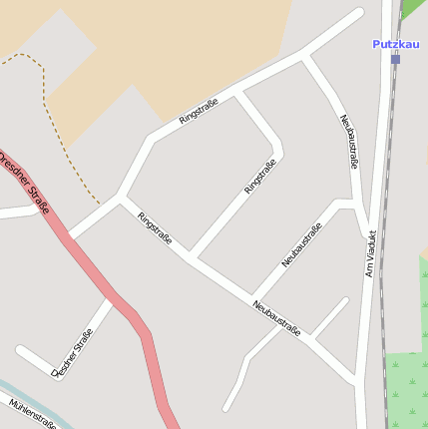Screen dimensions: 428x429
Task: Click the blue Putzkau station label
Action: point(395,44)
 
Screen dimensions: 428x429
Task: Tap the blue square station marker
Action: point(395,60)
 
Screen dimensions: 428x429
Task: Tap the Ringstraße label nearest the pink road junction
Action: point(155,227)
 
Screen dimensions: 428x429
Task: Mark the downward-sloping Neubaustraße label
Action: point(276,317)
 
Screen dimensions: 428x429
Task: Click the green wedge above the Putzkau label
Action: point(413,8)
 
